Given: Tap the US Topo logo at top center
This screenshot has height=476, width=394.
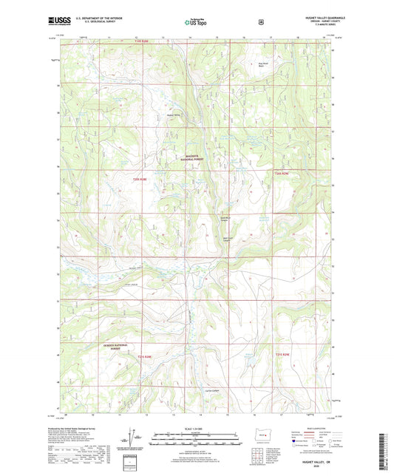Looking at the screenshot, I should tap(196, 22).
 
